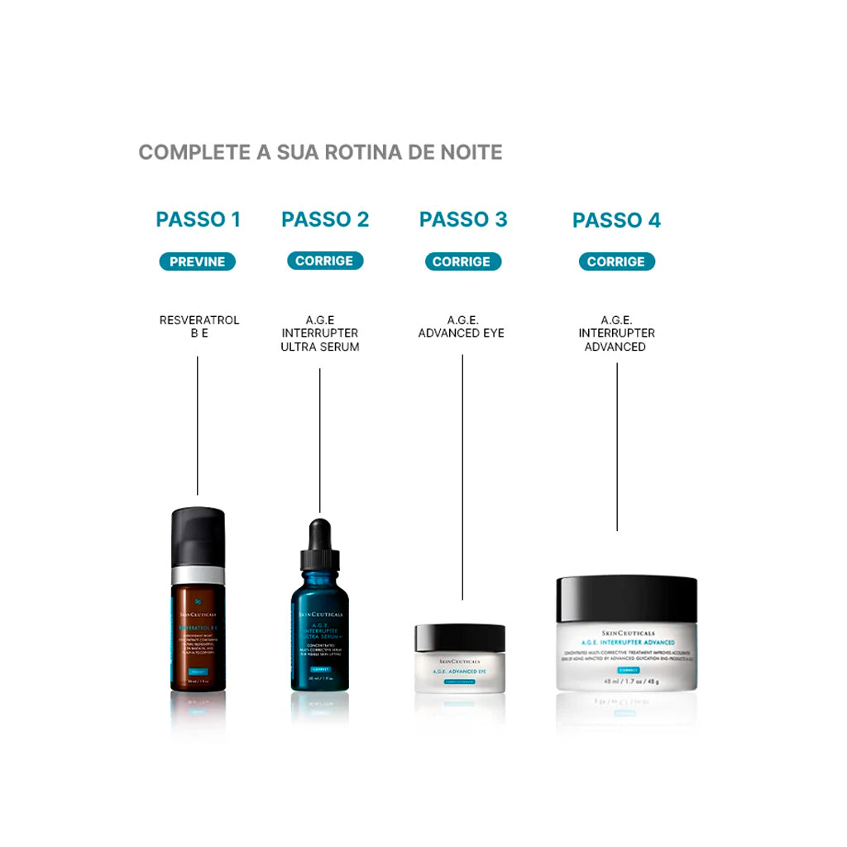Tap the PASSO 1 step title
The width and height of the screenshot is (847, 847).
point(198,219)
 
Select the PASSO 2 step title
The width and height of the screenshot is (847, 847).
point(325,219)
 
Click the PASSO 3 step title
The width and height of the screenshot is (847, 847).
point(463,219)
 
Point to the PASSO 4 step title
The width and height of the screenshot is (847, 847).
point(616,221)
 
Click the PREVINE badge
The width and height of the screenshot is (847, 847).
point(198,261)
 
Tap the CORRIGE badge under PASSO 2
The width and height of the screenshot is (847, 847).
point(324,261)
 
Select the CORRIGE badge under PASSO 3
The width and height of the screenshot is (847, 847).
point(462,261)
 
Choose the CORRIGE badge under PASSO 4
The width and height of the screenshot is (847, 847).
point(616,261)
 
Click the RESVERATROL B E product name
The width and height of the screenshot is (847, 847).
point(199,327)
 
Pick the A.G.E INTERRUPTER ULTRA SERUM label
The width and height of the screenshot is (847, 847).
point(320,333)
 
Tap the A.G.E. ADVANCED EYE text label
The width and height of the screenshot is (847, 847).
point(462,327)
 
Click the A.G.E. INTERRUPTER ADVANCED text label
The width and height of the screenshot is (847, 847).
point(616,333)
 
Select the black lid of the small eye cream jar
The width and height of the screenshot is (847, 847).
point(459,638)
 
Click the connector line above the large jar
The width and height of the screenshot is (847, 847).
point(617,447)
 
